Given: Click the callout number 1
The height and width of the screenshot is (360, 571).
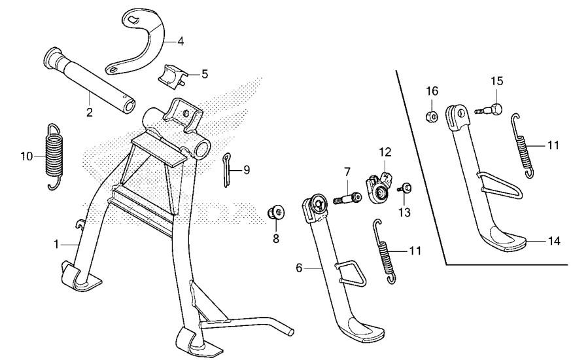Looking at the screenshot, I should [57, 243].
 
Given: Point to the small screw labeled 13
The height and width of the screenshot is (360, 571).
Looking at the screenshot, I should [405, 188].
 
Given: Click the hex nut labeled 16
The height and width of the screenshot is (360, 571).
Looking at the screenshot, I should [432, 116].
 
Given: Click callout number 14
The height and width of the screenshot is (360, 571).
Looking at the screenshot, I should [554, 241].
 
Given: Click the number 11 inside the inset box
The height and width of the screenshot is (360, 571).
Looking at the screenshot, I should [553, 145].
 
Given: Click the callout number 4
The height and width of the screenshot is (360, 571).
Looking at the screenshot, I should [180, 41].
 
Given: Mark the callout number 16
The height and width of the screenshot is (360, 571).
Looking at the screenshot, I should [432, 90].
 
